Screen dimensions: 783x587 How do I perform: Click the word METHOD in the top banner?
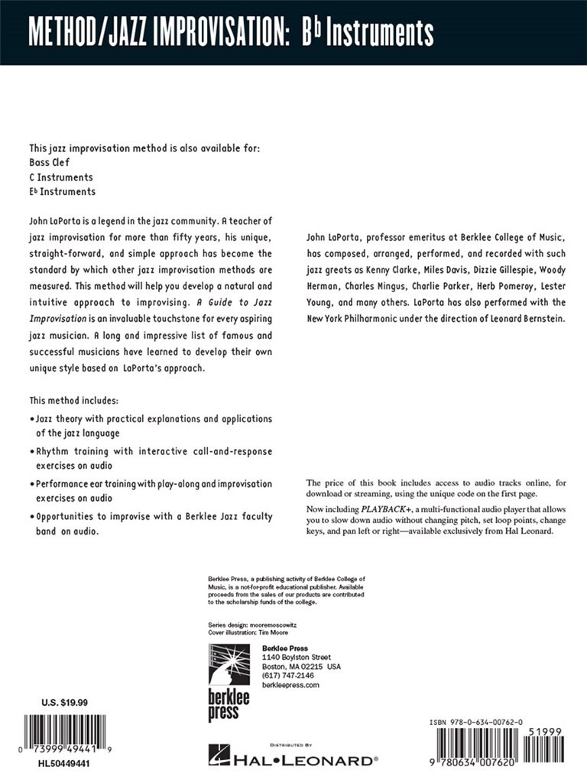66,33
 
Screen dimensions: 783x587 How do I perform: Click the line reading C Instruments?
61,177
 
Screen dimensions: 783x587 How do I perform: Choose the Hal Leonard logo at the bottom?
293,759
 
